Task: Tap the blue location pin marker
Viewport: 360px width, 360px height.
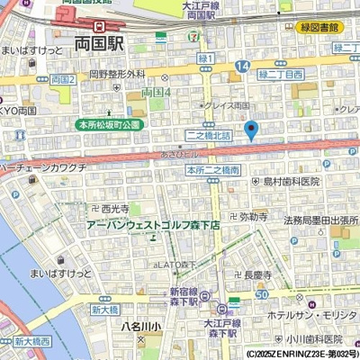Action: point(251,130)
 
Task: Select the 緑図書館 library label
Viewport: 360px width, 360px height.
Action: point(319,27)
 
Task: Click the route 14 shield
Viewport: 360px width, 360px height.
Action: point(242,67)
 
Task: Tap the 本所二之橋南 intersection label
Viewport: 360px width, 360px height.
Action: point(212,169)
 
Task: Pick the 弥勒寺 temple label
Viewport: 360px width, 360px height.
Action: point(253,217)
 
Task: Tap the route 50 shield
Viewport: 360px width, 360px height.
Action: point(261,294)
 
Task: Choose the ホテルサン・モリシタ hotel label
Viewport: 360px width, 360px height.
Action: point(318,314)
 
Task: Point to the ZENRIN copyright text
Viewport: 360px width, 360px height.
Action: point(301,354)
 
